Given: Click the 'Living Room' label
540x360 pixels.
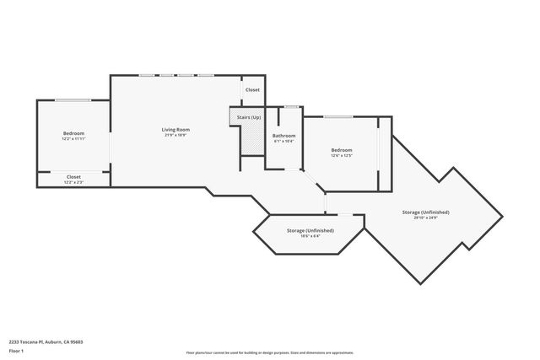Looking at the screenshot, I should pyautogui.click(x=176, y=129).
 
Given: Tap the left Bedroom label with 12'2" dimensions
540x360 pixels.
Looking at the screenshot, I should pyautogui.click(x=73, y=133).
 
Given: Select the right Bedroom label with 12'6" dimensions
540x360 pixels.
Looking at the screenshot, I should pyautogui.click(x=342, y=150).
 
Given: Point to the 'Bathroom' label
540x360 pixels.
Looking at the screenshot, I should pyautogui.click(x=283, y=136).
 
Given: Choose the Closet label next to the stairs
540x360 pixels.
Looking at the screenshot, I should pyautogui.click(x=252, y=89).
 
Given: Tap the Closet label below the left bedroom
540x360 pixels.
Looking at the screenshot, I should pyautogui.click(x=73, y=176).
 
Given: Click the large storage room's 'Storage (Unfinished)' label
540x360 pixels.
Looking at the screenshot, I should pyautogui.click(x=425, y=212).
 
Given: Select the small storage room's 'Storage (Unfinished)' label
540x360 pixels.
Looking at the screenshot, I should pyautogui.click(x=310, y=230).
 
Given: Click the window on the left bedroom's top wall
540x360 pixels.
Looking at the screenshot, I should pyautogui.click(x=73, y=101).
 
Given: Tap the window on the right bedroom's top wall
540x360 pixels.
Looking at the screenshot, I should pyautogui.click(x=339, y=116).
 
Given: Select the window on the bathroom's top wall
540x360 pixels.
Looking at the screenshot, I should pyautogui.click(x=291, y=107).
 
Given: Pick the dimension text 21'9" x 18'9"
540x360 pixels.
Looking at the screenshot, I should pyautogui.click(x=176, y=135).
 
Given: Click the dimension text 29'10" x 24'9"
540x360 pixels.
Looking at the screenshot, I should pyautogui.click(x=425, y=218).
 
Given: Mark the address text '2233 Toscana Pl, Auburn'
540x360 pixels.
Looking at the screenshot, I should pyautogui.click(x=46, y=341).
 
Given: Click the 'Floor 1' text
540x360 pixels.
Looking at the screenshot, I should pyautogui.click(x=16, y=350).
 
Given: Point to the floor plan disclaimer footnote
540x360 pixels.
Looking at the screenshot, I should pyautogui.click(x=269, y=352).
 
